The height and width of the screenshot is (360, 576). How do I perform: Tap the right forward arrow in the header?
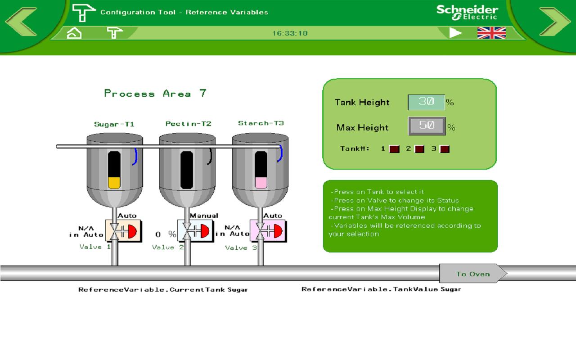tap(555, 22)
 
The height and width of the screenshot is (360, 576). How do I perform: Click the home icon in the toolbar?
tap(74, 33)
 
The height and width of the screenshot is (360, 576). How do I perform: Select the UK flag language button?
tap(491, 33)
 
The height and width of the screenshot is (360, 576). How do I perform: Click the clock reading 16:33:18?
tap(290, 33)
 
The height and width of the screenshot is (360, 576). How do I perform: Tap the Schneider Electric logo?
tap(467, 12)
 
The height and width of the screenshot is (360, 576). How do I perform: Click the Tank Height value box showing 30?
tap(426, 102)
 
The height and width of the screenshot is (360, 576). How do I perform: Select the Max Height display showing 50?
tap(427, 126)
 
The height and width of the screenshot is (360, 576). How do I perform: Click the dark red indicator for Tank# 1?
tap(394, 149)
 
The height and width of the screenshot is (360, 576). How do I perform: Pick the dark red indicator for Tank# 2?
tap(419, 149)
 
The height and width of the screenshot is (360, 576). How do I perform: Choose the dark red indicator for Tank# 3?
tap(445, 149)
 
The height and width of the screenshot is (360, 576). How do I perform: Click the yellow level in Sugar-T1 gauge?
tap(114, 183)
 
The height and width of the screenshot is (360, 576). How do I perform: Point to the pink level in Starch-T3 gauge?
tap(261, 183)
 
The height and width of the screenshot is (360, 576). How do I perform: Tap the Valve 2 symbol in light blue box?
tap(195, 231)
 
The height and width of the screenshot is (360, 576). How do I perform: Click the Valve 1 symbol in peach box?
tap(123, 231)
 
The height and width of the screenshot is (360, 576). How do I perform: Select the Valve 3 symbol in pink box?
tap(268, 231)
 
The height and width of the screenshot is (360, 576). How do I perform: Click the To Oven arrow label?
tap(473, 274)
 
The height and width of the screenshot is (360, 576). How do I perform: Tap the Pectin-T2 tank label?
tap(189, 124)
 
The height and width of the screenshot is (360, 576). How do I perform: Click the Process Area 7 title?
tap(155, 93)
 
